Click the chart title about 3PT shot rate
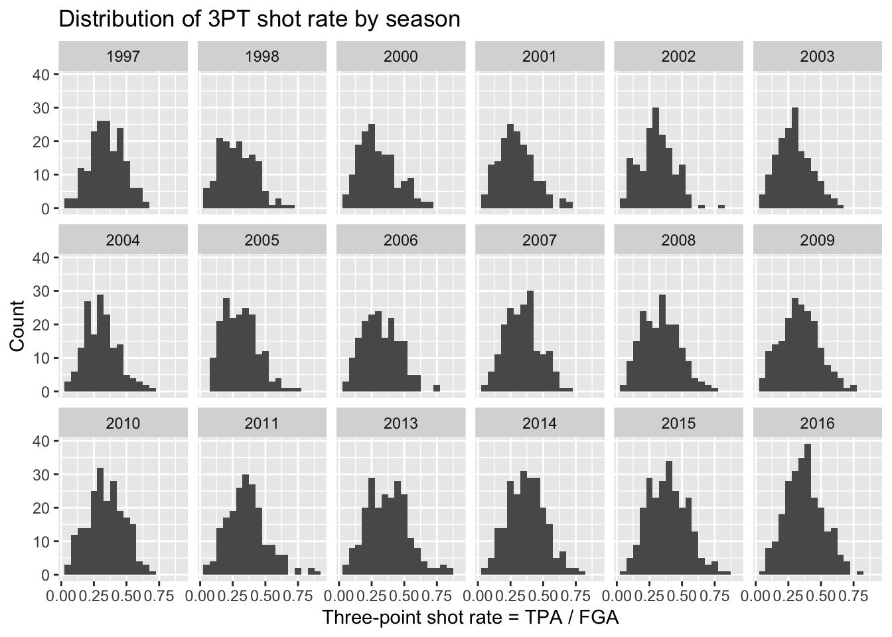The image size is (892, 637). [x=260, y=19]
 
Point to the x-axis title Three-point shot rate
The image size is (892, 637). [x=471, y=618]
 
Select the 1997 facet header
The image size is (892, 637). [x=123, y=56]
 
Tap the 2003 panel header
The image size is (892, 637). [x=817, y=56]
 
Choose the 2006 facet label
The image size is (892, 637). [x=401, y=240]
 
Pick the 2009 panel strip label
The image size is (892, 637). [x=817, y=240]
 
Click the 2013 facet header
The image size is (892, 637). [x=401, y=423]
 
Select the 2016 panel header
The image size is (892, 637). [x=817, y=423]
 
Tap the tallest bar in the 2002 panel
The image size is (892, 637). [x=655, y=159]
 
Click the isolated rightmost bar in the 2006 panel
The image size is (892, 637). [x=437, y=388]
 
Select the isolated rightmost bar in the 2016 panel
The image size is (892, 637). [x=859, y=572]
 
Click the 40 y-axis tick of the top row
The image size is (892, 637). [x=40, y=75]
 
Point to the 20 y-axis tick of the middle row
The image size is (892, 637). [x=40, y=325]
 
